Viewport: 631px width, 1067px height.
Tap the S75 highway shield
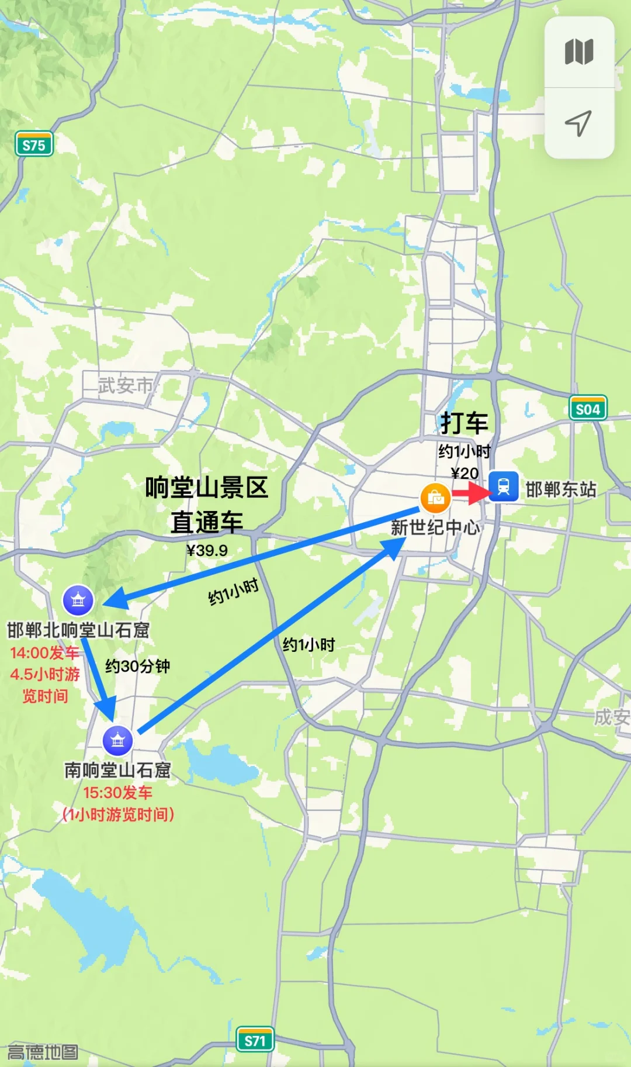(x=34, y=144)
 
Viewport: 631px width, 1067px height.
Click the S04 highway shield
(x=588, y=409)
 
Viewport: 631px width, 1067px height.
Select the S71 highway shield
(x=255, y=1040)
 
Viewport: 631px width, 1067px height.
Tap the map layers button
(x=579, y=52)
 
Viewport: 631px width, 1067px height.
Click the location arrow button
(x=578, y=123)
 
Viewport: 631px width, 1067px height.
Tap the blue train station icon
(x=504, y=486)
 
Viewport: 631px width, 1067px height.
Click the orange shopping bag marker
(x=435, y=498)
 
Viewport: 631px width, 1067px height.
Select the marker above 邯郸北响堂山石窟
(x=78, y=600)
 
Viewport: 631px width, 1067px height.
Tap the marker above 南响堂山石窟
(x=117, y=741)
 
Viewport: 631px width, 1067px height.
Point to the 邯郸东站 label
(x=561, y=489)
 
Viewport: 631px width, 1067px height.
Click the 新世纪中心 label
(x=435, y=527)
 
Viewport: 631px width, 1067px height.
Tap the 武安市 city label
(x=126, y=385)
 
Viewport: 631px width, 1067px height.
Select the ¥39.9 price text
(x=207, y=550)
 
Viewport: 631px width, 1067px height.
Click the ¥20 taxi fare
(x=464, y=473)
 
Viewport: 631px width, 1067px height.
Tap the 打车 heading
(x=464, y=423)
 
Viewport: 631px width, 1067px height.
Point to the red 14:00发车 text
(x=45, y=652)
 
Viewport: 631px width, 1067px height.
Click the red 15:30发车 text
(x=117, y=793)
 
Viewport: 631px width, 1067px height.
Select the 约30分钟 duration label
(x=137, y=666)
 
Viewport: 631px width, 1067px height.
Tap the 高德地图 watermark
(x=42, y=1052)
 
